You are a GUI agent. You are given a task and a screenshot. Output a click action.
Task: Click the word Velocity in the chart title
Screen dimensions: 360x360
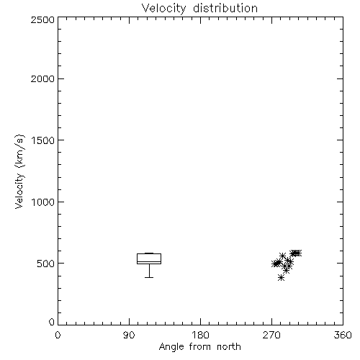[x=163, y=9]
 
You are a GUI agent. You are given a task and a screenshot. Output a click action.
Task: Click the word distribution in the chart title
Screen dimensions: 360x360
[x=225, y=8]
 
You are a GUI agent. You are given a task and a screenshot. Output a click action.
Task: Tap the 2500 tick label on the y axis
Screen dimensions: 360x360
[x=42, y=19]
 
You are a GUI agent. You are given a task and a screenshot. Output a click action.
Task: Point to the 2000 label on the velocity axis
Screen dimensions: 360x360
[x=42, y=78]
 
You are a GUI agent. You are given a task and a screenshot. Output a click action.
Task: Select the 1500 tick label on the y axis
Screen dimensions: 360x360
[x=43, y=140]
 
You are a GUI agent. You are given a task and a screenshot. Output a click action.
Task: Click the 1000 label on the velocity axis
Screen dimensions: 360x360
[x=43, y=202]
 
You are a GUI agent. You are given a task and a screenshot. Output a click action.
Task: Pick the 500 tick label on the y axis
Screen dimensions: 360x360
[x=46, y=264]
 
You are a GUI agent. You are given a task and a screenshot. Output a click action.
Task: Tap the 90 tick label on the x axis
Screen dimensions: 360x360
[x=129, y=335]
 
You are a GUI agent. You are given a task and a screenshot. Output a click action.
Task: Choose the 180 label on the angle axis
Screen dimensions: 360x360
[x=200, y=335]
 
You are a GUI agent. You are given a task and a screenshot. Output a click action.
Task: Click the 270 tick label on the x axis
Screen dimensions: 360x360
[x=271, y=335]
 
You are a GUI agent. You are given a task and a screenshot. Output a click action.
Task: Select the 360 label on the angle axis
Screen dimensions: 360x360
[x=343, y=335]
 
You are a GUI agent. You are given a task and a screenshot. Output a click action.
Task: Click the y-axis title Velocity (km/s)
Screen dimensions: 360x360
[x=19, y=171]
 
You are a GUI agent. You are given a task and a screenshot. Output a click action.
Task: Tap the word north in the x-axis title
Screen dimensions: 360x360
[x=229, y=347]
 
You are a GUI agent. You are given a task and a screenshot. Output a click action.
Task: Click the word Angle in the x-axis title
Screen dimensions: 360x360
[x=171, y=347]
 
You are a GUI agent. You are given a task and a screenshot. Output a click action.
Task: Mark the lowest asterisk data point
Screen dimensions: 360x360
[x=281, y=278]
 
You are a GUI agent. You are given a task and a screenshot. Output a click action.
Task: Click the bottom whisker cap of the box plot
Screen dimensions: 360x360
[x=149, y=277]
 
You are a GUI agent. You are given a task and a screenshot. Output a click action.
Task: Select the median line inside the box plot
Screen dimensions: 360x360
[x=149, y=261]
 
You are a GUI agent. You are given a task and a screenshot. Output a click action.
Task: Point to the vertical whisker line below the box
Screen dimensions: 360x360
[x=149, y=271]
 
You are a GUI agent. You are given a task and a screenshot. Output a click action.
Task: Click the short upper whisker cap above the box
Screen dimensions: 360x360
[x=149, y=253]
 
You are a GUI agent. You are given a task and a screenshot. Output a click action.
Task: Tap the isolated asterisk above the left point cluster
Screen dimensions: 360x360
[x=282, y=256]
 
